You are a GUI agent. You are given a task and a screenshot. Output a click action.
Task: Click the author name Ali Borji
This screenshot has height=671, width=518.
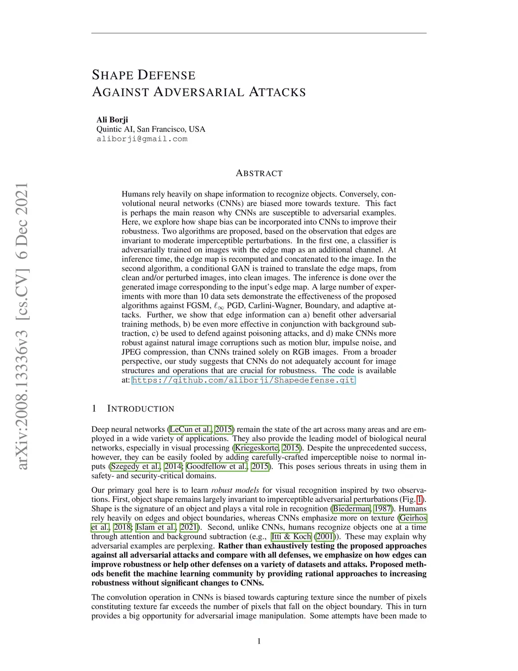click(x=112, y=120)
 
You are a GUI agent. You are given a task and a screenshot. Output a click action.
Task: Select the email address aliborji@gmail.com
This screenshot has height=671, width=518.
click(x=142, y=139)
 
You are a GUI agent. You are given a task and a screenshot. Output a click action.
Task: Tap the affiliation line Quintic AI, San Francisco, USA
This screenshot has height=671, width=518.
click(x=151, y=129)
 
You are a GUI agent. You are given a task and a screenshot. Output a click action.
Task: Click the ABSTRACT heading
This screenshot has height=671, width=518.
click(x=259, y=173)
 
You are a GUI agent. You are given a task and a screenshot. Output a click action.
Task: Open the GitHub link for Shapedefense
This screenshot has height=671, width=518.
click(x=243, y=380)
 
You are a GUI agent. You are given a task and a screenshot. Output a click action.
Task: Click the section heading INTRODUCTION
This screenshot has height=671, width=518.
click(x=141, y=409)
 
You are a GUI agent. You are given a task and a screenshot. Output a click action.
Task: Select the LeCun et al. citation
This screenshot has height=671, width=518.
click(x=191, y=429)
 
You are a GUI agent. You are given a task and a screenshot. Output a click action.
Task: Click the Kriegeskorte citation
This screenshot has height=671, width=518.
click(x=256, y=448)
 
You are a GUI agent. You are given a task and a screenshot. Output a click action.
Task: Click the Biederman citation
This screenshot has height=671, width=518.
click(x=352, y=508)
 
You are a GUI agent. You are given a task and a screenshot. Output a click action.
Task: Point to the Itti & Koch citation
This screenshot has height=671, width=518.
click(x=291, y=536)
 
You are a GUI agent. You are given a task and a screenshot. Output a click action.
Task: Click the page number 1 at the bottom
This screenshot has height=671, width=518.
click(x=259, y=641)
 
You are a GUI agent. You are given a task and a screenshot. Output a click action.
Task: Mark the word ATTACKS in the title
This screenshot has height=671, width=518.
click(x=277, y=92)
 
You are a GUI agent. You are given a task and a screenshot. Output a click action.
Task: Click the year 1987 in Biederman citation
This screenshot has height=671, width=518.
click(x=383, y=508)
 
